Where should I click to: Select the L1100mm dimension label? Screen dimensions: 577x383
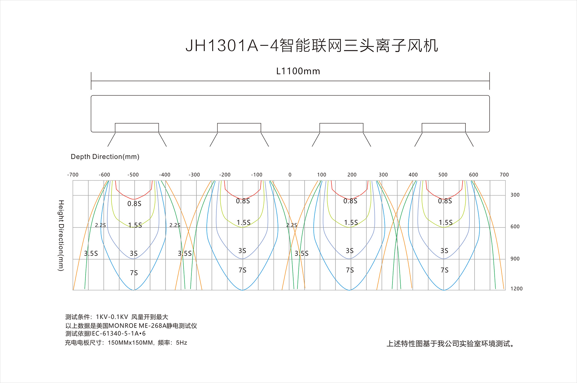[298, 71]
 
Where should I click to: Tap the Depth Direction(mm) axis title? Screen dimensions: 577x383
[105, 157]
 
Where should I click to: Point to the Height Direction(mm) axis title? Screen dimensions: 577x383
[61, 236]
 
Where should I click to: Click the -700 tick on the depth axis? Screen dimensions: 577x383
[73, 175]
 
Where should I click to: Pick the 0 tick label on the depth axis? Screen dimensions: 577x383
[290, 175]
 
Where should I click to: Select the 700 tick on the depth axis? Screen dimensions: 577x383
[504, 175]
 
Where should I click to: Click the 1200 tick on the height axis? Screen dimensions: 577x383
[517, 289]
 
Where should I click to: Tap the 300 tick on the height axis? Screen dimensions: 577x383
[515, 195]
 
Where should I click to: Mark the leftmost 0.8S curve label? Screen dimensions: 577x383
[134, 204]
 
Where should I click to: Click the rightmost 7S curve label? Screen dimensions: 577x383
[445, 270]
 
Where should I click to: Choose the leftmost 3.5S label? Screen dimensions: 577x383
[91, 254]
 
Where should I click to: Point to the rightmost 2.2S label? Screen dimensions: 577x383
[292, 225]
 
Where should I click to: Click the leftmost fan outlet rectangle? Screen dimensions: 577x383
[137, 128]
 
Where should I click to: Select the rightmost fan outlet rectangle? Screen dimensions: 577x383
[444, 128]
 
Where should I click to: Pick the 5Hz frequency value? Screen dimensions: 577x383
[182, 343]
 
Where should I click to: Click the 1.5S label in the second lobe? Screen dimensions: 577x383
[244, 223]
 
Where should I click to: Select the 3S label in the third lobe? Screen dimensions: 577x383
[350, 251]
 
